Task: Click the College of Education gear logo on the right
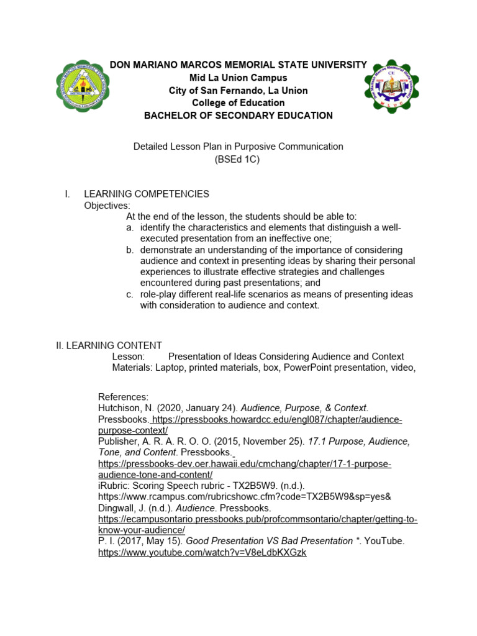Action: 396,86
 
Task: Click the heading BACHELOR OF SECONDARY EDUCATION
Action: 238,116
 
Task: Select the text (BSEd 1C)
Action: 238,159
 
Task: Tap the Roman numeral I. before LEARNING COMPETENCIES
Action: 68,194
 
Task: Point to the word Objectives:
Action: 107,205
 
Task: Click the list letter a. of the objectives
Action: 130,227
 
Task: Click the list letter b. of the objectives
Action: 130,250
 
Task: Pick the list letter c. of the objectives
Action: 130,294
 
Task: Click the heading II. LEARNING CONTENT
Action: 109,345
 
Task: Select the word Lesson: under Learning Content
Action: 129,357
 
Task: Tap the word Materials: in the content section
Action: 132,368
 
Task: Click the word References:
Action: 124,396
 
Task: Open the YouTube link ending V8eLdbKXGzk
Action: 202,553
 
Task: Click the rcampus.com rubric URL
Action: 245,497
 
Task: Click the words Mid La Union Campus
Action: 238,78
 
